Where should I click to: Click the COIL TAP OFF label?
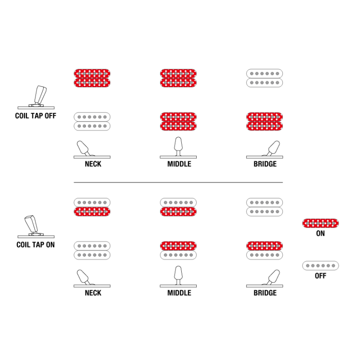point(36,116)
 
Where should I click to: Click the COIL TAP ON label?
point(36,245)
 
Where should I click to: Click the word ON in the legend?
point(320,234)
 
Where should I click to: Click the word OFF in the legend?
point(320,276)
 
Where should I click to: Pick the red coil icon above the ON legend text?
point(320,223)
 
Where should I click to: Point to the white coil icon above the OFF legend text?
point(320,265)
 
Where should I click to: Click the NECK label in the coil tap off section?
point(93,164)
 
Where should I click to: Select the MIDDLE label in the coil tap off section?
point(179,164)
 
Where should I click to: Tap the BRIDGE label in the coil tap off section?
point(265,164)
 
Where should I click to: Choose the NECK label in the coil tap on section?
point(93,293)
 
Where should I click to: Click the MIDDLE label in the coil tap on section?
point(179,293)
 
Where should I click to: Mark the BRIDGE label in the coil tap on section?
point(265,293)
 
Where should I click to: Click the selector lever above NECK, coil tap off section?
point(84,148)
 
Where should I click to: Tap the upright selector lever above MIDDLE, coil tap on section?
point(178,274)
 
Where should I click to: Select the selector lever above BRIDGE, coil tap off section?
point(273,148)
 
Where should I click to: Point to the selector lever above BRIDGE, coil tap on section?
point(273,277)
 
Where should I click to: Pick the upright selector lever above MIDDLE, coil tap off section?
point(178,145)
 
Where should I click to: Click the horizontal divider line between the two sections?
point(178,183)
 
